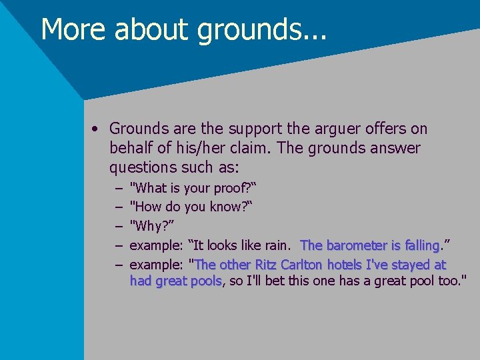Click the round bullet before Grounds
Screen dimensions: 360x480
coord(97,129)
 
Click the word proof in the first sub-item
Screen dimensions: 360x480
coord(229,189)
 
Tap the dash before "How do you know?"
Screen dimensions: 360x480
coord(117,207)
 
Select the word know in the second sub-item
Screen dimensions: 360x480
coord(227,207)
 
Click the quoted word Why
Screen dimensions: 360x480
coord(149,226)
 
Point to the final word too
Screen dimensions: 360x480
coord(451,281)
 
